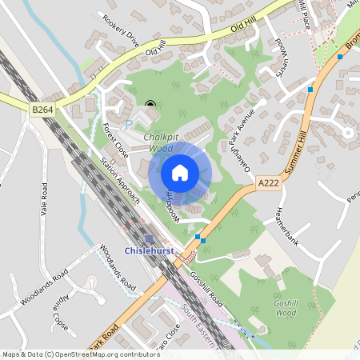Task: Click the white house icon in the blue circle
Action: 180,171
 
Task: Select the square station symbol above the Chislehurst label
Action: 150,239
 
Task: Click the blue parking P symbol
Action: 130,124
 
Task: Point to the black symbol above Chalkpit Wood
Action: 150,102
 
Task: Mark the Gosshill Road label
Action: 207,284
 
